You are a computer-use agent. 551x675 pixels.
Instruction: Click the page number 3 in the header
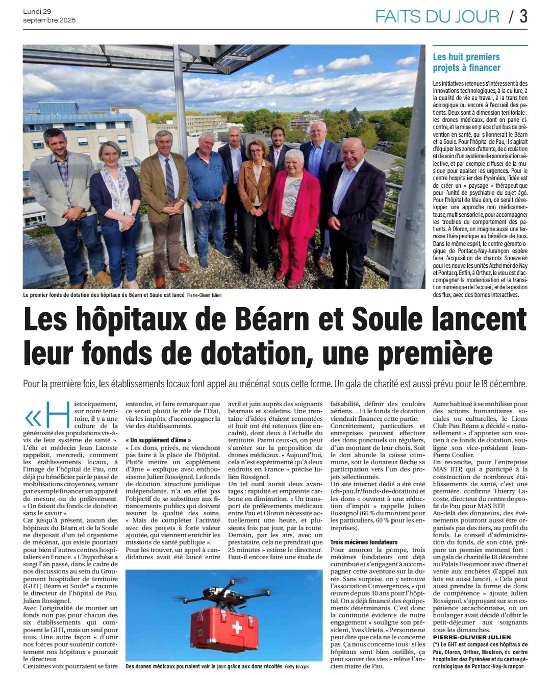tap(523, 16)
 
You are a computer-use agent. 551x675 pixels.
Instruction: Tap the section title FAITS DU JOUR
tap(437, 16)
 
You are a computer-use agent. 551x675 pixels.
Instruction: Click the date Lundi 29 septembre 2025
tap(49, 15)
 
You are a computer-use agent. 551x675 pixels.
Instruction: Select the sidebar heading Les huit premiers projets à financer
tap(466, 62)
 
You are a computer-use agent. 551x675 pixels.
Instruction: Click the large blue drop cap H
tap(57, 414)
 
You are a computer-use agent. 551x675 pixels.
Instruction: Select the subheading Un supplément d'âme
tap(158, 440)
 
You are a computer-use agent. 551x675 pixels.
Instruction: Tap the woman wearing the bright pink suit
tap(294, 209)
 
